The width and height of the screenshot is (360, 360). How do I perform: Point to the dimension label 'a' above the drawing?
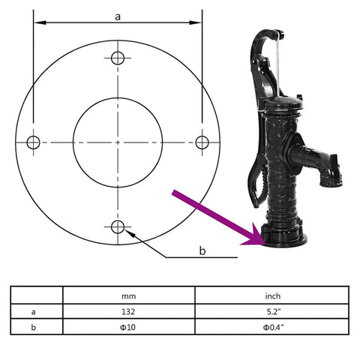[x=118, y=16]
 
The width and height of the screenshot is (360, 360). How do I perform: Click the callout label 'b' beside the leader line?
[x=202, y=250]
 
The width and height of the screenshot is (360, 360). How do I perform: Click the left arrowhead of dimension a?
[x=40, y=22]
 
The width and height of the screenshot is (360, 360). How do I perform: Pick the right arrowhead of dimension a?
[x=196, y=22]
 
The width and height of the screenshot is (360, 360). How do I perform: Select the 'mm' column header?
[x=129, y=296]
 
